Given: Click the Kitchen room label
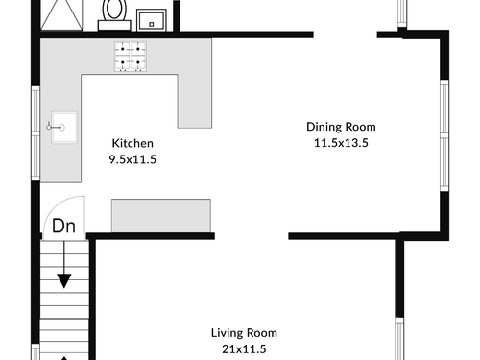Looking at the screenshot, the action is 132,143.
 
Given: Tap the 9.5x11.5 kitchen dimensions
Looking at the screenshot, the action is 132,159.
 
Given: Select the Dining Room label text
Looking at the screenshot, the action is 341,127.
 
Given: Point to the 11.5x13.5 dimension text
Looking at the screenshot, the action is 341,143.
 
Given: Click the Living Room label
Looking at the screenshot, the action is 244,333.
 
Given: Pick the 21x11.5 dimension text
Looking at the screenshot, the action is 244,348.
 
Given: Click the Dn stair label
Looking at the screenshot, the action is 63,226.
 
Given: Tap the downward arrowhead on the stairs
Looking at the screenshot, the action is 64,281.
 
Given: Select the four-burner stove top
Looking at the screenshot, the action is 131,57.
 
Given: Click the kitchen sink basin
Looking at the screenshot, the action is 64,128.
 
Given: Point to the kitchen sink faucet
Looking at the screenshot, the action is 55,127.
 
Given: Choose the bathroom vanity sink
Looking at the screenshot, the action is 152,20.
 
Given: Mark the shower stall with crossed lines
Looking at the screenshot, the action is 61,14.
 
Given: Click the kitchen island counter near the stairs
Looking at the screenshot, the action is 161,215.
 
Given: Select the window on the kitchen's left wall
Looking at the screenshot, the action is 36,133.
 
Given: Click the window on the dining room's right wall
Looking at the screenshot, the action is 444,135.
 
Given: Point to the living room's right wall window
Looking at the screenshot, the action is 399,339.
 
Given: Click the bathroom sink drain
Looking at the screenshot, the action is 152,24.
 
